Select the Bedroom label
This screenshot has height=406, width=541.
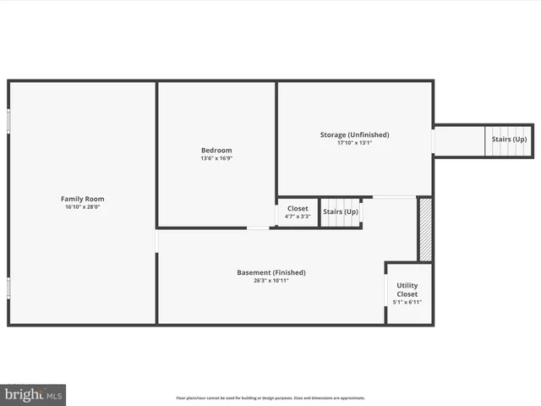click(x=216, y=151)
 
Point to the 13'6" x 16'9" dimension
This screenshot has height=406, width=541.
click(x=216, y=158)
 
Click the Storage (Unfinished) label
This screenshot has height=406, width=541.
click(x=354, y=134)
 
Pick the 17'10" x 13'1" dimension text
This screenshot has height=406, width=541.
click(x=354, y=143)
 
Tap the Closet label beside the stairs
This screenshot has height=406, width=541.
click(x=298, y=208)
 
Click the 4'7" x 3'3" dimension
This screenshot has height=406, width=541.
click(x=298, y=217)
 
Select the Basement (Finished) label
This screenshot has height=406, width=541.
click(x=270, y=272)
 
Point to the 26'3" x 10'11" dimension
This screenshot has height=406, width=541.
click(x=270, y=281)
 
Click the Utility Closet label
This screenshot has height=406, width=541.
click(x=407, y=290)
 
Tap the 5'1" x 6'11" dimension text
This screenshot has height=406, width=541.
click(x=407, y=302)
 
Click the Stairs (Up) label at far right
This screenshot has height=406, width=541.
click(x=509, y=139)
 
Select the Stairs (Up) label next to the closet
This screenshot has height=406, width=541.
click(x=341, y=211)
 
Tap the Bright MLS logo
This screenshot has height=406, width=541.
click(x=33, y=394)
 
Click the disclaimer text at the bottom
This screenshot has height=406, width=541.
click(x=270, y=398)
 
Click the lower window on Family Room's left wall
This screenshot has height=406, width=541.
click(x=9, y=288)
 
